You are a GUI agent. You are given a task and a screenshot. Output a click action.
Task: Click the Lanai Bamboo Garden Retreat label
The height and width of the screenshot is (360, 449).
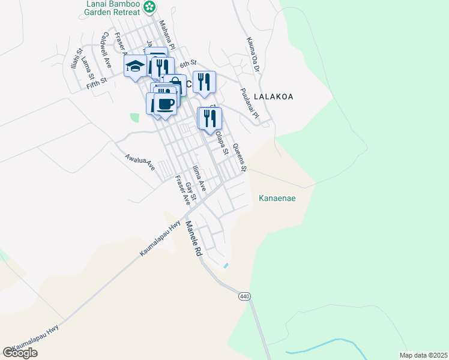click(x=112, y=8)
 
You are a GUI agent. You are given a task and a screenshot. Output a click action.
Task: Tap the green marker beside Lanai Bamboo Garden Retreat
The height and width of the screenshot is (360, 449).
click(x=151, y=7)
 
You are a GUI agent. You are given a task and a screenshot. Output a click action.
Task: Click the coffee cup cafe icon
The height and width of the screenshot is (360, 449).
click(x=164, y=103)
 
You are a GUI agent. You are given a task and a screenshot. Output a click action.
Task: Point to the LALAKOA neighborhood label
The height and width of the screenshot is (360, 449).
click(x=273, y=96)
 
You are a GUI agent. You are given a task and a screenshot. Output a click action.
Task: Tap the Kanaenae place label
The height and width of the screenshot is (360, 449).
click(x=277, y=198)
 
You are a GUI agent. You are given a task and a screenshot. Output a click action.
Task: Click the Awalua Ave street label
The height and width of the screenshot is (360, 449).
click(x=140, y=162)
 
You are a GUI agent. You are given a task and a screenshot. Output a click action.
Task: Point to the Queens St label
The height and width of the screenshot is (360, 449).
click(x=240, y=158)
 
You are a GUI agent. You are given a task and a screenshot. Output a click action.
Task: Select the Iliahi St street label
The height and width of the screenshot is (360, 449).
click(x=75, y=59)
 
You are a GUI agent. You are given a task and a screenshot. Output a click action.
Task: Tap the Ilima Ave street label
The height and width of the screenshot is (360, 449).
click(x=199, y=178)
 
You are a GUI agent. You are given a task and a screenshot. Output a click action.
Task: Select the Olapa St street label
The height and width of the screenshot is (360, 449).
click(x=222, y=143)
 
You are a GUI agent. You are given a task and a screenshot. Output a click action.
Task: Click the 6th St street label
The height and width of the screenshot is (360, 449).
click(x=188, y=63)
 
